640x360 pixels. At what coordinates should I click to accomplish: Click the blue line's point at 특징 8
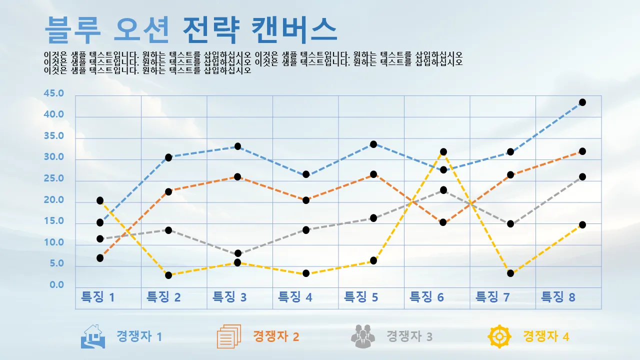tap(582, 102)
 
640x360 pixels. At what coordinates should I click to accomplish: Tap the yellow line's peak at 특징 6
tap(443, 152)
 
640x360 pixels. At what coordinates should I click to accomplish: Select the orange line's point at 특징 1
tap(100, 258)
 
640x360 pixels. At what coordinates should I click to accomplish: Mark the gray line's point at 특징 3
tap(237, 253)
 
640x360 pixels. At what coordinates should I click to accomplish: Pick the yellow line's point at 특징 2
tap(168, 275)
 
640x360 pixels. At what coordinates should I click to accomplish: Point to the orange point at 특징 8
tap(582, 151)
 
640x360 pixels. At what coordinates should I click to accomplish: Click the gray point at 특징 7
tap(510, 224)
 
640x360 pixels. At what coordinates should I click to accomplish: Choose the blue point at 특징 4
tap(306, 174)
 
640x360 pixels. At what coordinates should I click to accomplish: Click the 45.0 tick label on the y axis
tap(54, 93)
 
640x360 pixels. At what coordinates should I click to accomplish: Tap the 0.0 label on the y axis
tap(57, 285)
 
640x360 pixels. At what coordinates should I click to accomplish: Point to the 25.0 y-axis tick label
tap(54, 179)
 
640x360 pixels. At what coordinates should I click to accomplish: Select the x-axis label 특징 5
tap(361, 297)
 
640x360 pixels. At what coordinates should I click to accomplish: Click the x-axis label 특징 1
tap(98, 297)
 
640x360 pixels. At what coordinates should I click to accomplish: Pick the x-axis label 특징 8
tap(558, 297)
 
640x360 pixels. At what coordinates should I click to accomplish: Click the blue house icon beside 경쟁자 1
tap(93, 336)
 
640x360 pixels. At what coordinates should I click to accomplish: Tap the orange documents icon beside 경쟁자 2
tap(229, 336)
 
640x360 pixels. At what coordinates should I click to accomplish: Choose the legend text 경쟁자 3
tap(409, 336)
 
